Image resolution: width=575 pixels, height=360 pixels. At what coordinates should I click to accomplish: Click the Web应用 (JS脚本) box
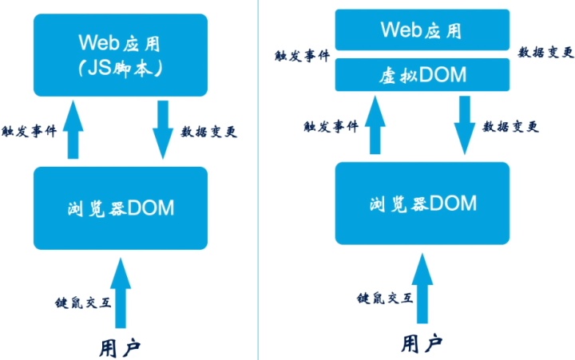[120, 53]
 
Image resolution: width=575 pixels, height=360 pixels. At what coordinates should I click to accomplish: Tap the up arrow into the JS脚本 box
[73, 131]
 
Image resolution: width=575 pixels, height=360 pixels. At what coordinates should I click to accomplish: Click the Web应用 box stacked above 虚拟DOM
[421, 30]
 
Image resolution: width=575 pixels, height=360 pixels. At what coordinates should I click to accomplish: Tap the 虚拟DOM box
[421, 75]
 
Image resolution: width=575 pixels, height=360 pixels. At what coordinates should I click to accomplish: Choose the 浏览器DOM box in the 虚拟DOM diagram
[422, 203]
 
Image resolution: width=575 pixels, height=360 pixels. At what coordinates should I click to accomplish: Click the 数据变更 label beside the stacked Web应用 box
[545, 52]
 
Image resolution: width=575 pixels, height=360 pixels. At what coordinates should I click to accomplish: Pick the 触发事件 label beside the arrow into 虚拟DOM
[330, 126]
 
